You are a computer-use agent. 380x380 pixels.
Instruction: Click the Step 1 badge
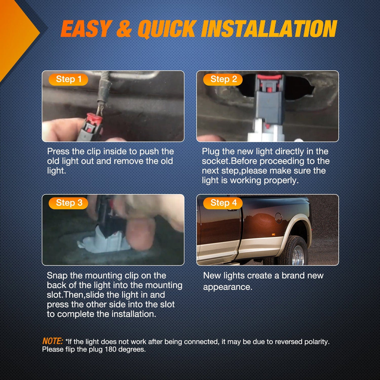(68, 80)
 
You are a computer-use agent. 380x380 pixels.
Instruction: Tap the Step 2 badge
(223, 80)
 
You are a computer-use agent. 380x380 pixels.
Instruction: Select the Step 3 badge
(68, 203)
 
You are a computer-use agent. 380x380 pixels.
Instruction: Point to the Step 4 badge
(223, 203)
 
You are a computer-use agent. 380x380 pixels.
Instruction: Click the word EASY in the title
(85, 29)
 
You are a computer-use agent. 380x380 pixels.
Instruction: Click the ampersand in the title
(124, 29)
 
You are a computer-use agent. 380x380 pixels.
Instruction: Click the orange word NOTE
(53, 341)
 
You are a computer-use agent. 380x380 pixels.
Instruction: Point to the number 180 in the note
(110, 349)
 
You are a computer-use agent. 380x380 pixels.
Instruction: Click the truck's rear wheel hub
(298, 255)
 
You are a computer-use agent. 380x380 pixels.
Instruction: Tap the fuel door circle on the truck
(279, 218)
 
